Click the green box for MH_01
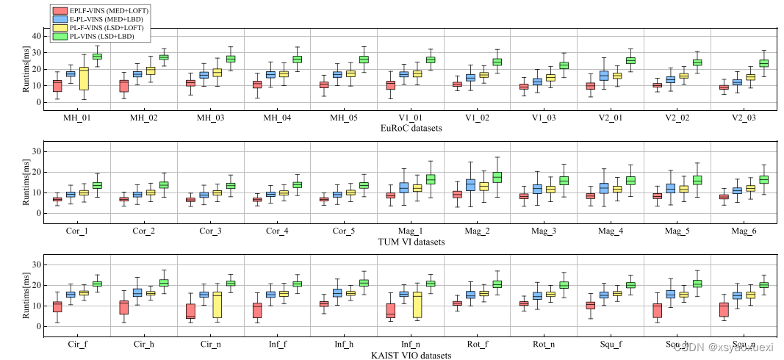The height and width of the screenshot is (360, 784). coord(97,56)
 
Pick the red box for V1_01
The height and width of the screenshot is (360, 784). coord(391,85)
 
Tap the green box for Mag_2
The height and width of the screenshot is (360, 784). coord(497,177)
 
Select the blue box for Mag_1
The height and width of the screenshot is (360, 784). coord(404,187)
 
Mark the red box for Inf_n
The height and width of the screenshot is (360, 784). coord(391,311)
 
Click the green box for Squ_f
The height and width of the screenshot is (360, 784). coord(630,285)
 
